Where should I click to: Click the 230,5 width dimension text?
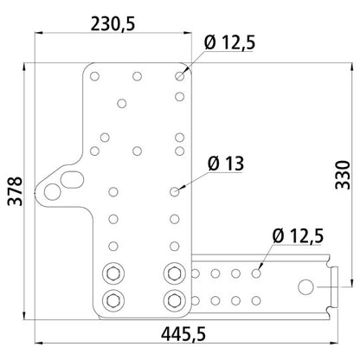pos(112,25)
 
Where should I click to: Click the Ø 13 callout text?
pos(226,162)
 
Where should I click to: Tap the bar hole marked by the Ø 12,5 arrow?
pos(256,273)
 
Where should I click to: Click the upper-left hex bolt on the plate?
pos(112,274)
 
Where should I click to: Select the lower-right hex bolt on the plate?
pos(174,301)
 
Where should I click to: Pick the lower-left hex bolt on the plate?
pos(112,301)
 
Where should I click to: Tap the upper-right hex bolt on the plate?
pos(174,274)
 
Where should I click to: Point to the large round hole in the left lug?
pos(55,191)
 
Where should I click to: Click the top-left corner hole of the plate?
pos(94,76)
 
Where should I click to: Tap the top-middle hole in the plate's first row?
pos(137,76)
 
